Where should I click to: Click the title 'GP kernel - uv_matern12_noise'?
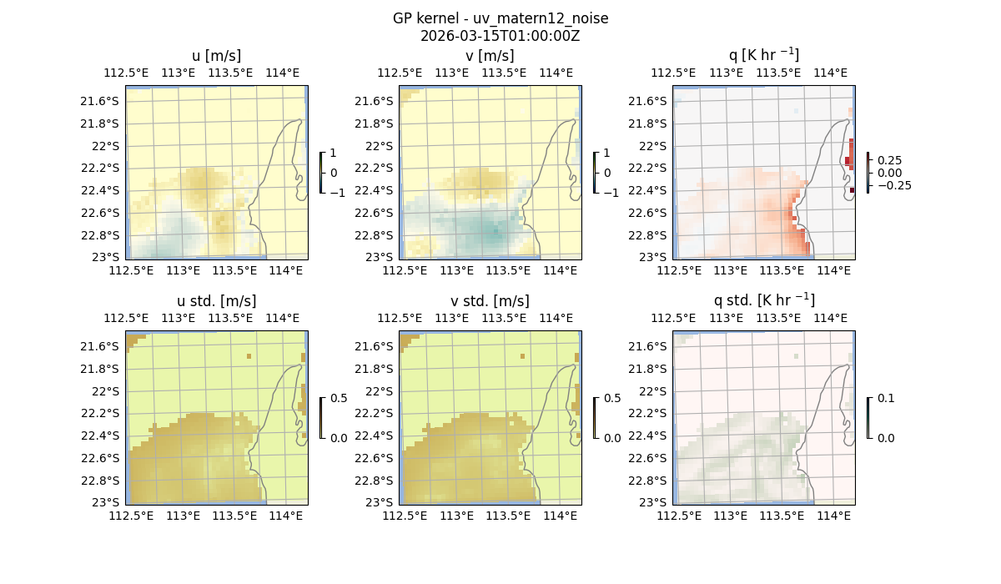pyautogui.click(x=500, y=18)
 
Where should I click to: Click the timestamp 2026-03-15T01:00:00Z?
pyautogui.click(x=500, y=36)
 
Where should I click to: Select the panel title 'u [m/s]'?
pyautogui.click(x=216, y=56)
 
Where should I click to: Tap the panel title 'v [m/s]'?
pyautogui.click(x=490, y=56)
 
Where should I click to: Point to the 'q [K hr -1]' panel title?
pyautogui.click(x=763, y=55)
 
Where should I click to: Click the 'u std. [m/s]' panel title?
pyautogui.click(x=216, y=301)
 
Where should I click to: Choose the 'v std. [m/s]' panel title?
pyautogui.click(x=490, y=301)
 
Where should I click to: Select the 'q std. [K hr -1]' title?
pyautogui.click(x=763, y=300)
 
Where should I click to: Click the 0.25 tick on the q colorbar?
pyautogui.click(x=888, y=160)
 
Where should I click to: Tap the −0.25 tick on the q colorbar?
pyautogui.click(x=893, y=185)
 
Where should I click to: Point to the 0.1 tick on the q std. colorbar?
pyautogui.click(x=885, y=399)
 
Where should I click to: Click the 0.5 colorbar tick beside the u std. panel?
pyautogui.click(x=339, y=399)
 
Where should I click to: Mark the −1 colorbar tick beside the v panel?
pyautogui.click(x=611, y=192)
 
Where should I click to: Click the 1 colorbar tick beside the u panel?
pyautogui.click(x=334, y=154)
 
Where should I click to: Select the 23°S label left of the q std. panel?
pyautogui.click(x=656, y=502)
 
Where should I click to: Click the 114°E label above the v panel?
pyautogui.click(x=556, y=73)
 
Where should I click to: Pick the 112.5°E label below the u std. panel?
pyautogui.click(x=131, y=516)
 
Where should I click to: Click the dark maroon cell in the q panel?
pyautogui.click(x=853, y=190)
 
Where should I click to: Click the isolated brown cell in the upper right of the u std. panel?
pyautogui.click(x=249, y=356)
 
